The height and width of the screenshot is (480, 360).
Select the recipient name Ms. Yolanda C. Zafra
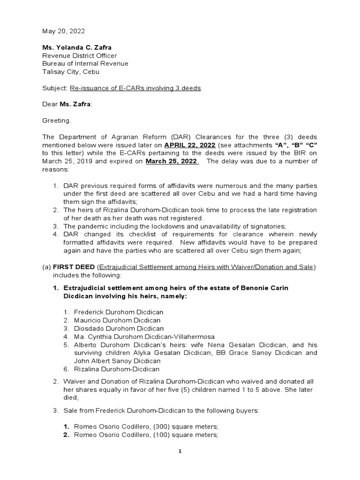[x=78, y=48]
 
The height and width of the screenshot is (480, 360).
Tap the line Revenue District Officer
[x=79, y=56]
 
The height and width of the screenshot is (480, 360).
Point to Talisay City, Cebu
[x=70, y=72]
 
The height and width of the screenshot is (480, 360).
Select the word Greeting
[x=57, y=121]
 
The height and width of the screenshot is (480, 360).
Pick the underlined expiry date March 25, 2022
[x=172, y=161]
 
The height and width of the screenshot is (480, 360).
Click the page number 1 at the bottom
[x=180, y=451]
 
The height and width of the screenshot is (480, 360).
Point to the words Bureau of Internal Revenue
[x=85, y=64]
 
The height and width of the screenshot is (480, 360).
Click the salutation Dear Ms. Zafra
[x=67, y=105]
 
